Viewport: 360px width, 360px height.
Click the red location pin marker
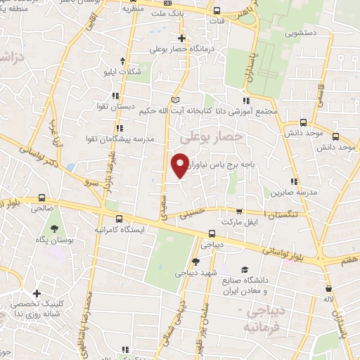tap(180, 164)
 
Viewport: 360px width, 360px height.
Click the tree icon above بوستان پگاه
tap(54, 229)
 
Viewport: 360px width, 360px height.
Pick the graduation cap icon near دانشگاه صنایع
tap(244, 269)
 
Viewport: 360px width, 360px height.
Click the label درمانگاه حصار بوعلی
tap(182, 50)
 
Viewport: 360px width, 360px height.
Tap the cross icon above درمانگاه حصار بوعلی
tap(182, 38)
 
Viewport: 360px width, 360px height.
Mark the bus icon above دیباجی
tap(212, 234)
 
